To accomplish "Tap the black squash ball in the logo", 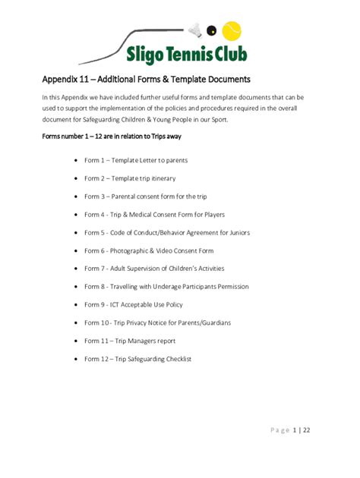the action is tap(213, 32).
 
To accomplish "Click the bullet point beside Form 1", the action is tap(76, 161).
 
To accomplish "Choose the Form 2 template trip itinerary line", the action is tap(129, 178).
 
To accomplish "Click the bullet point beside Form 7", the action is tap(76, 269).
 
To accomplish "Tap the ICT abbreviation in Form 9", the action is tap(120, 304).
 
